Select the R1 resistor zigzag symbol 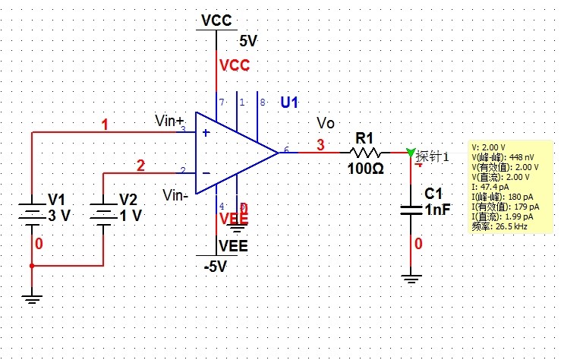(x=367, y=152)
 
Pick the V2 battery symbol (x=103, y=215)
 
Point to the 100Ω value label (x=366, y=168)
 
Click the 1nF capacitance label (x=440, y=210)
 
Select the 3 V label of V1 (x=59, y=216)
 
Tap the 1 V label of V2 (x=131, y=216)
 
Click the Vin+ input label (x=169, y=120)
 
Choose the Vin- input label (x=175, y=195)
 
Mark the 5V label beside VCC (x=249, y=41)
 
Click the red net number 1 (x=106, y=124)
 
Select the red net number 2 (x=140, y=166)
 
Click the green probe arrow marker (x=411, y=153)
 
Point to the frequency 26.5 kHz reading (x=498, y=226)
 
